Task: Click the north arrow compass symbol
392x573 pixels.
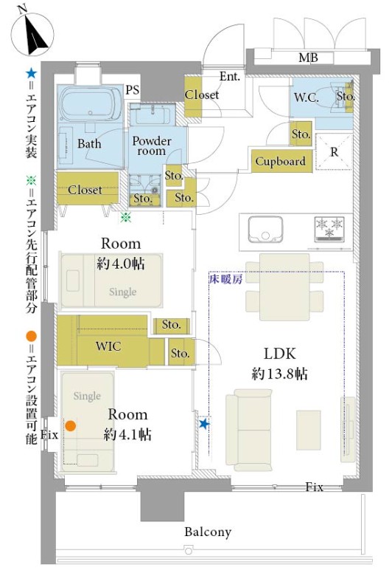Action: [x=32, y=34]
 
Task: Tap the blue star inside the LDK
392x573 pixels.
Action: [x=204, y=424]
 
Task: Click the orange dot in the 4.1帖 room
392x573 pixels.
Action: [x=71, y=425]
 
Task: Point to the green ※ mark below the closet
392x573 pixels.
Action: [x=126, y=217]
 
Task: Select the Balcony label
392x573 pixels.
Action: [x=208, y=532]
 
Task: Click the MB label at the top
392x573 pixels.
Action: [x=308, y=58]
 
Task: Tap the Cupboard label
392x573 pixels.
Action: [x=281, y=161]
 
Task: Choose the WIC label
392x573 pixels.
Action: [x=108, y=346]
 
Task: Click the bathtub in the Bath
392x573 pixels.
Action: [x=90, y=104]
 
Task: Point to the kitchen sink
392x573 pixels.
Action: [x=265, y=230]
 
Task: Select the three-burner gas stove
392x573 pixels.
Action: [x=329, y=229]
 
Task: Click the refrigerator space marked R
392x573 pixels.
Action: [x=335, y=151]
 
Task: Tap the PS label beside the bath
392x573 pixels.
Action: [x=133, y=90]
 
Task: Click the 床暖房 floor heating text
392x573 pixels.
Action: [x=226, y=280]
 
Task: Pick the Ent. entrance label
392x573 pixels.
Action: [x=230, y=76]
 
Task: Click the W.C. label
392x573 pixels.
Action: [x=307, y=97]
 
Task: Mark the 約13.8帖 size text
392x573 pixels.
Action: [x=279, y=374]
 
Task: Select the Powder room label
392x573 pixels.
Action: [x=151, y=145]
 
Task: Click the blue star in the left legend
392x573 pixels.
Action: [x=31, y=74]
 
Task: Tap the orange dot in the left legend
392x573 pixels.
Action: [x=32, y=336]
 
